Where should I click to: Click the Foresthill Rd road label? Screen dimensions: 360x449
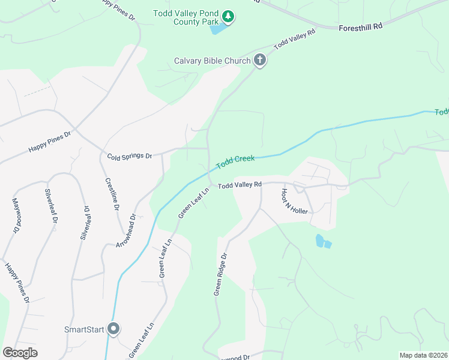(x=360, y=27)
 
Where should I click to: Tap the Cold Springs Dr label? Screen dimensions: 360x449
(x=130, y=156)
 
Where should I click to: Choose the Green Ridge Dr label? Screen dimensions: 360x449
(x=220, y=274)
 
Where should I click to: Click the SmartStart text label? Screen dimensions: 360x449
(x=84, y=329)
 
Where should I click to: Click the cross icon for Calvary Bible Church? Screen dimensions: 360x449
(x=259, y=60)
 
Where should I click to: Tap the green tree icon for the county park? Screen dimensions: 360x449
(x=228, y=16)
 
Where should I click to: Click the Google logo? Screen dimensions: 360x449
(x=20, y=353)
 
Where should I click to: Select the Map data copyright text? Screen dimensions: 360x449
(x=423, y=355)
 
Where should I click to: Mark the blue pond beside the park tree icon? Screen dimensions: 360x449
(x=219, y=29)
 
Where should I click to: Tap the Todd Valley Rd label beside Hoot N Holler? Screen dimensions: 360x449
(x=240, y=185)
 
